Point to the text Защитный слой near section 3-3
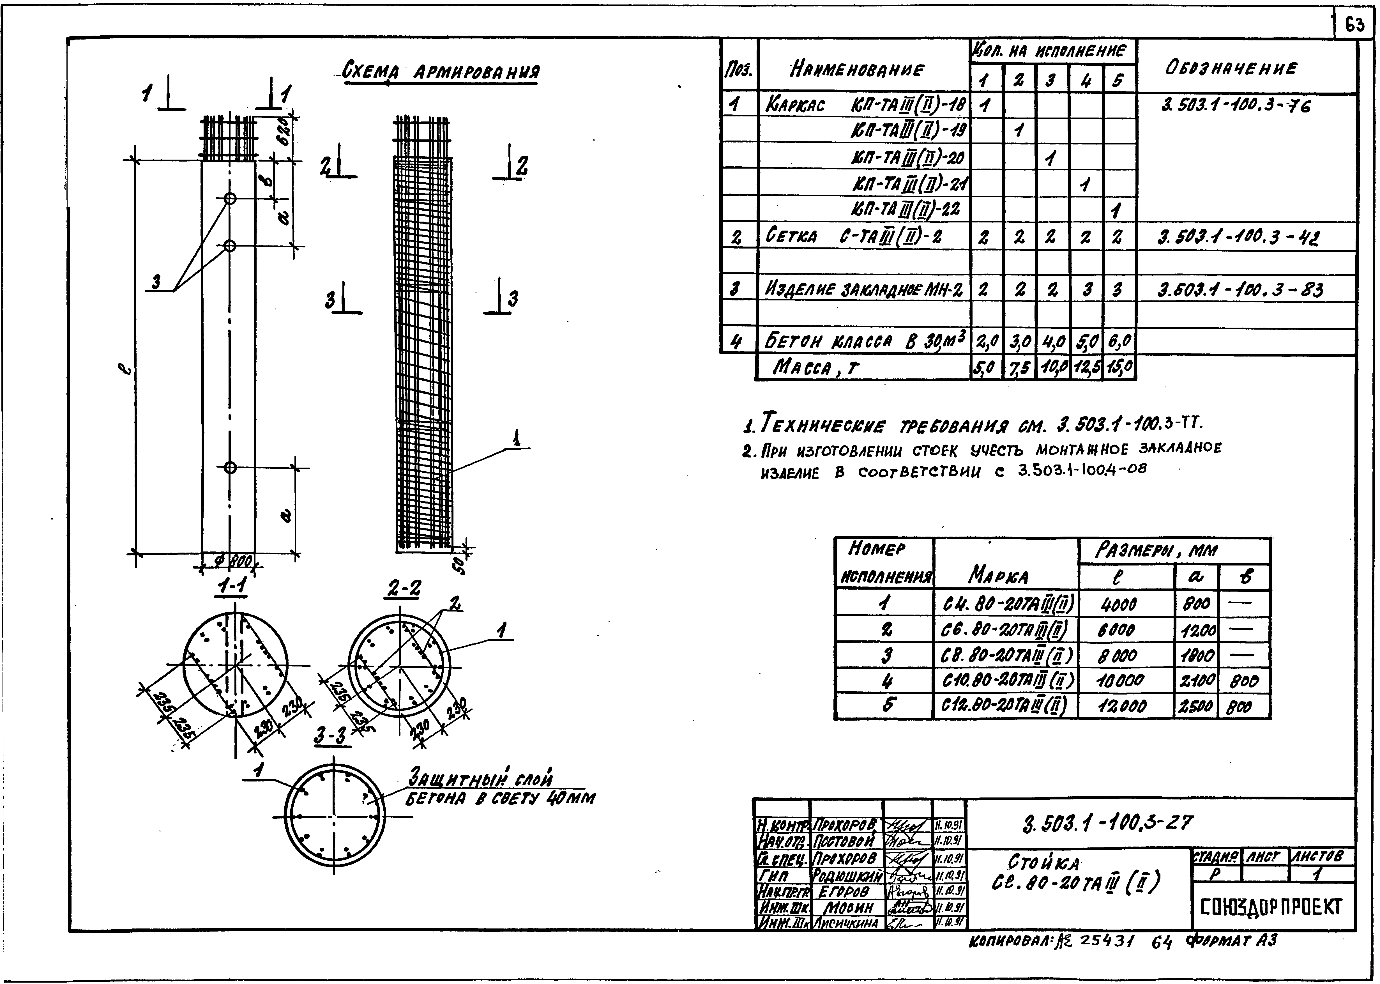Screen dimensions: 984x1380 481,779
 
